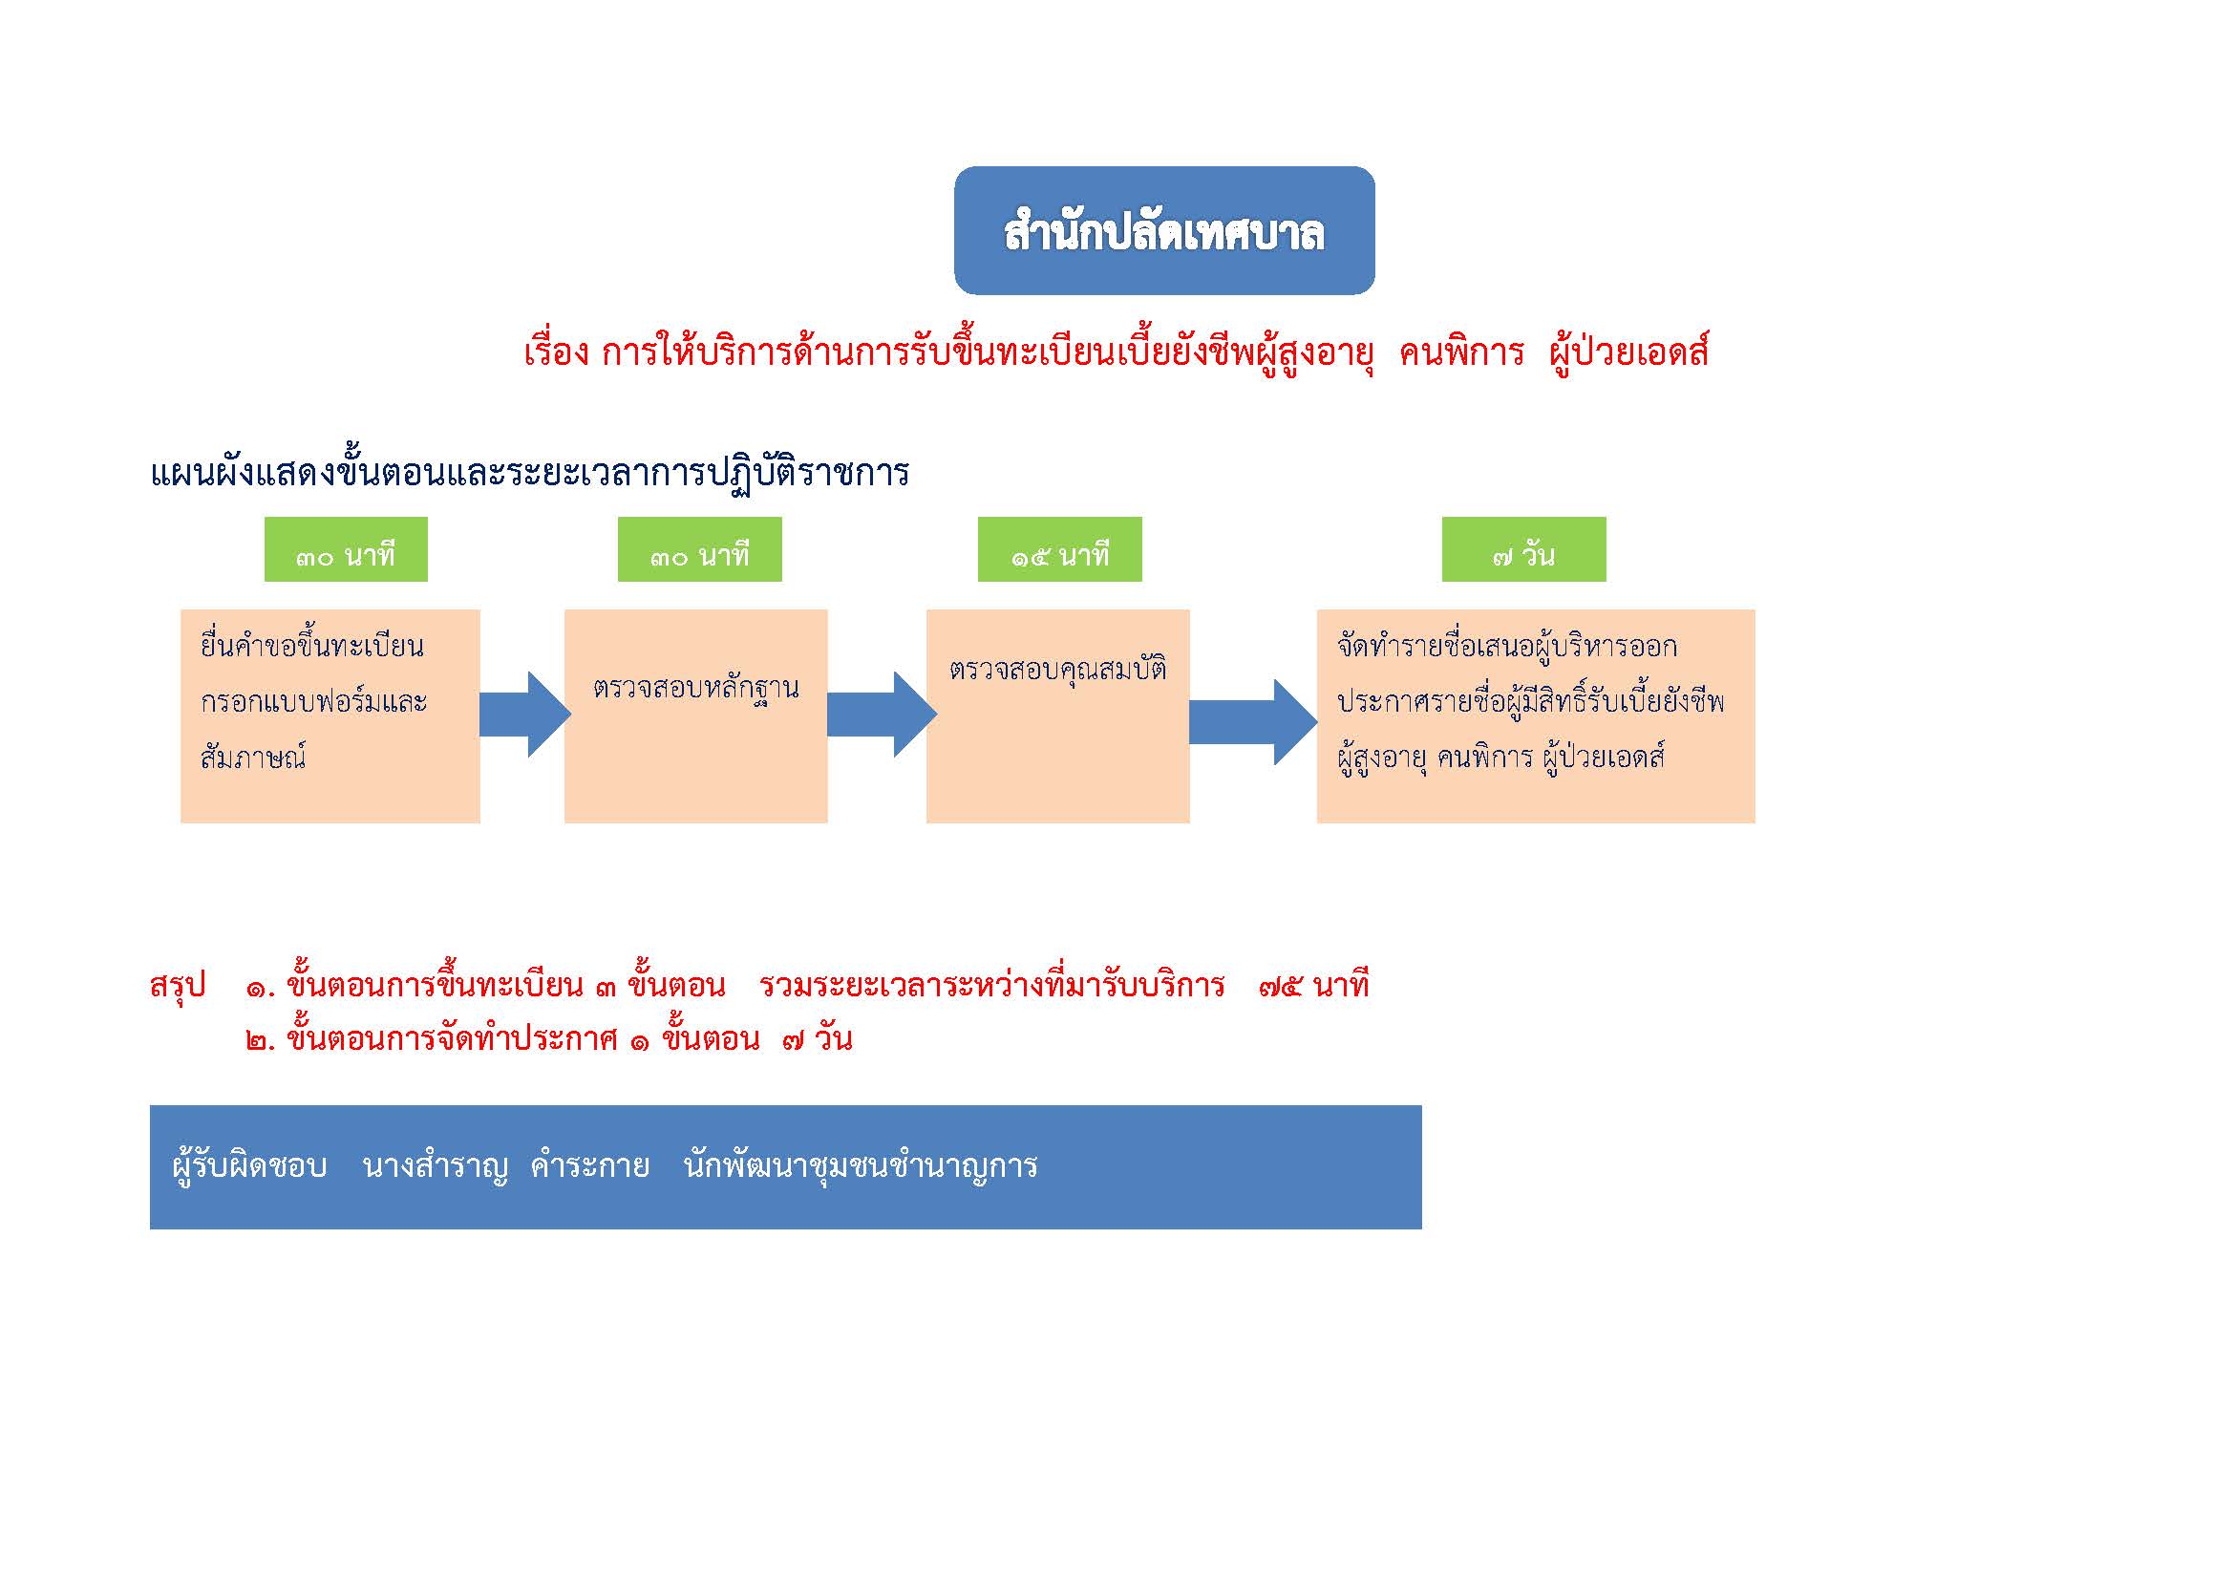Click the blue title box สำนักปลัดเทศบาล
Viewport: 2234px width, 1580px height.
click(1163, 230)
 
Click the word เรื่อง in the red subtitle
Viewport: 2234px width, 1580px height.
click(557, 352)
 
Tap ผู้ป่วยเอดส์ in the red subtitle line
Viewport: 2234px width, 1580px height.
click(1628, 352)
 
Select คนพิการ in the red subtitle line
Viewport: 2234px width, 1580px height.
click(1461, 352)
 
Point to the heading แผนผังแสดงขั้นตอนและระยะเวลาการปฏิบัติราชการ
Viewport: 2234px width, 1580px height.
click(530, 473)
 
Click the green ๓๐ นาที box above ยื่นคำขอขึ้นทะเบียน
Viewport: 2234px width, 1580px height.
click(346, 549)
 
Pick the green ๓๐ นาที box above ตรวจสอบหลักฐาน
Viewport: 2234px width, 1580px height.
click(699, 549)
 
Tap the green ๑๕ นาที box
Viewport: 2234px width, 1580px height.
click(1059, 549)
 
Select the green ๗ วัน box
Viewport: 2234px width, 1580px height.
click(1523, 549)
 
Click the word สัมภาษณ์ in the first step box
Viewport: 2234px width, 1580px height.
click(253, 756)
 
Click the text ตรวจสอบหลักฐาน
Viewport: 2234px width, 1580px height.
click(695, 689)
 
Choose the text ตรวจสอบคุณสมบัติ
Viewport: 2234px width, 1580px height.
click(1057, 670)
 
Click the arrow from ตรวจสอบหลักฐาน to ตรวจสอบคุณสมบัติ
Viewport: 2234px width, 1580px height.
click(882, 715)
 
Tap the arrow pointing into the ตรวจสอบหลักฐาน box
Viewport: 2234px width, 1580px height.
click(524, 715)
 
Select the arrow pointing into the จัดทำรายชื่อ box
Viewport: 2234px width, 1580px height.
click(1253, 722)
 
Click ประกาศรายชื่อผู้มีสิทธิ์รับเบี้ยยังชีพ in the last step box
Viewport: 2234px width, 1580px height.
click(1530, 700)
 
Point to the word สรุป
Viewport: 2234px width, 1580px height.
click(178, 986)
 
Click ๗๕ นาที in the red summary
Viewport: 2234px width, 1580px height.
click(1313, 986)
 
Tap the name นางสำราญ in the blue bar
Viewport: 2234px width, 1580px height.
click(435, 1165)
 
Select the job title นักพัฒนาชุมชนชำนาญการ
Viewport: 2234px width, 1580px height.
click(861, 1165)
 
